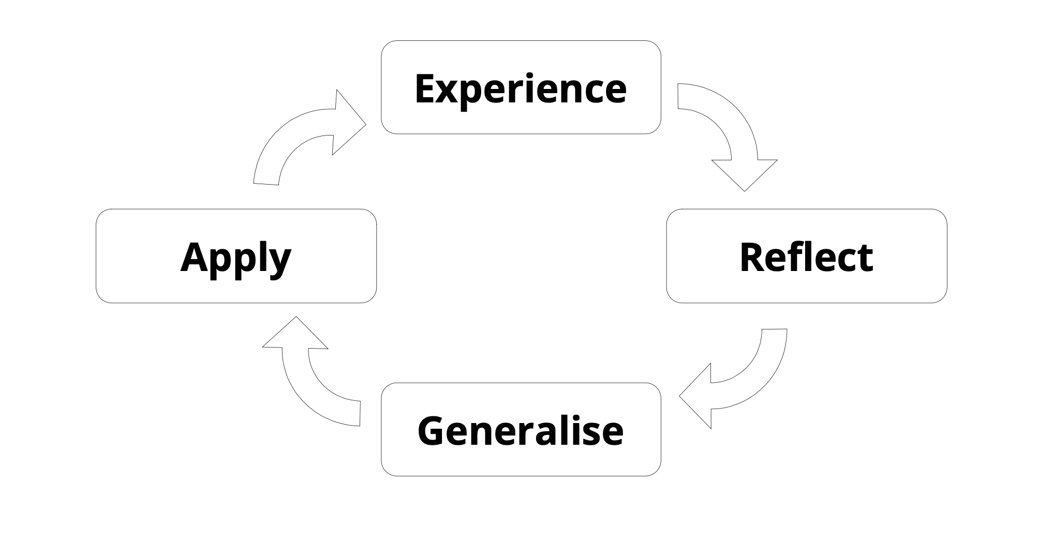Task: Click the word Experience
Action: coord(521,88)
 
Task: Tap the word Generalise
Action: coord(521,430)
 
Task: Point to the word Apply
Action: coord(236,258)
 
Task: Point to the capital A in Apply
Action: coord(194,257)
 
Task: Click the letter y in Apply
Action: coord(280,262)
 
